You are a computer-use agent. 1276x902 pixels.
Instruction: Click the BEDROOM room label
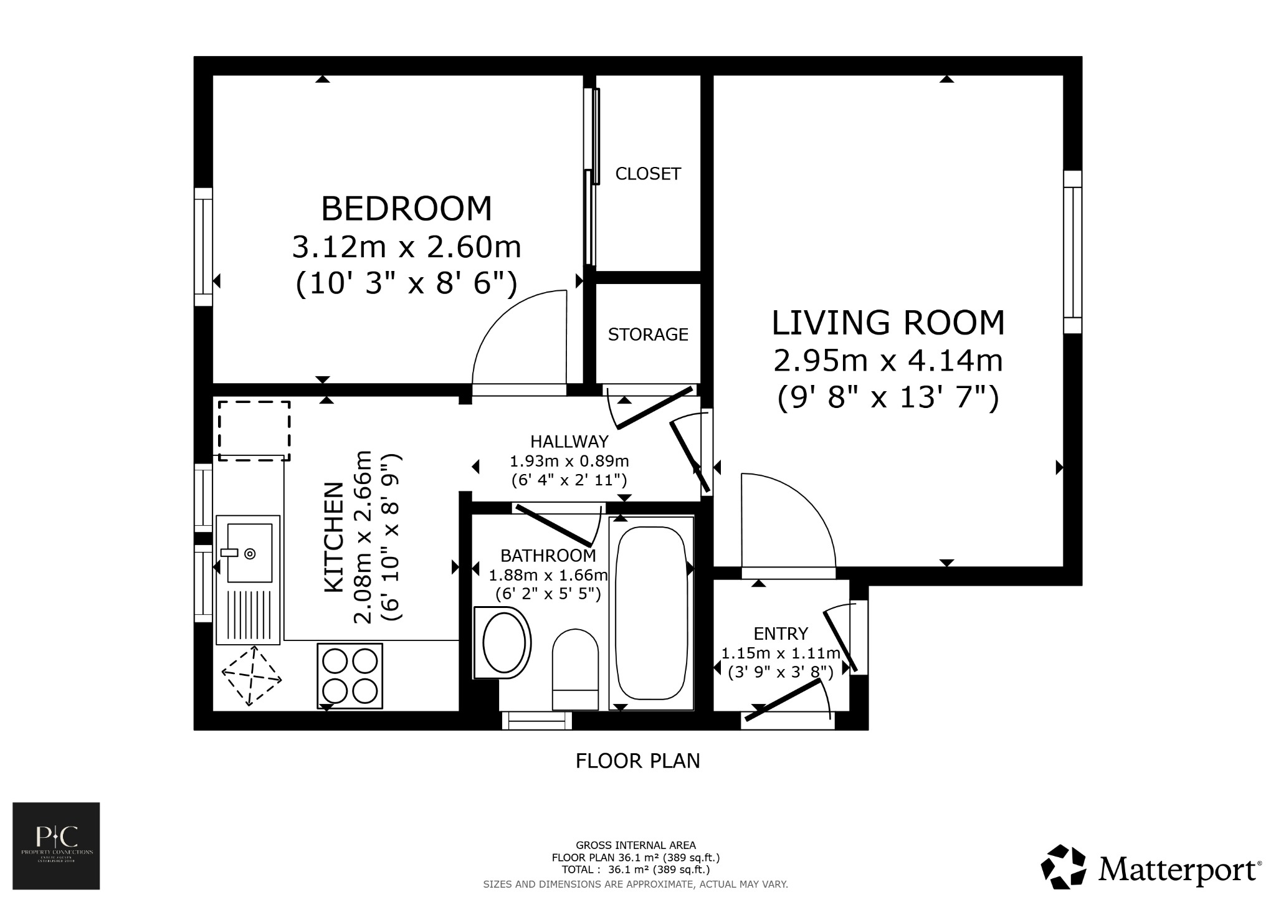pyautogui.click(x=406, y=209)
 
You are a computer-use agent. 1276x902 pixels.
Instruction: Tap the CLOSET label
pyautogui.click(x=648, y=174)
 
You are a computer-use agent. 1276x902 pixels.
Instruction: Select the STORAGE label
pyautogui.click(x=648, y=335)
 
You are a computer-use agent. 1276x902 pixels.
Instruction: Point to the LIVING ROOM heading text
pyautogui.click(x=888, y=323)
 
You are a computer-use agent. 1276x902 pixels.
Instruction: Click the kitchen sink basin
pyautogui.click(x=249, y=553)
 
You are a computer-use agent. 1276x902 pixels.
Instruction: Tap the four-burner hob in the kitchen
pyautogui.click(x=350, y=676)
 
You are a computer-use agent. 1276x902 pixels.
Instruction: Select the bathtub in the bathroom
pyautogui.click(x=651, y=613)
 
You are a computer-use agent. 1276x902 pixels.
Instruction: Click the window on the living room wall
pyautogui.click(x=1072, y=252)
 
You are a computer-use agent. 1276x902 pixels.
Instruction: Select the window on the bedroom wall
pyautogui.click(x=204, y=246)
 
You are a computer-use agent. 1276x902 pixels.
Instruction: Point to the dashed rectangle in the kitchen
pyautogui.click(x=254, y=430)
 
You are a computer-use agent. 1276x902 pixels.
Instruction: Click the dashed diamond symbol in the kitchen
pyautogui.click(x=252, y=676)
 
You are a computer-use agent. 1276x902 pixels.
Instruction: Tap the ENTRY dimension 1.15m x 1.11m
pyautogui.click(x=781, y=653)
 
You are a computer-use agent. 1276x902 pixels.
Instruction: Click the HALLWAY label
pyautogui.click(x=569, y=442)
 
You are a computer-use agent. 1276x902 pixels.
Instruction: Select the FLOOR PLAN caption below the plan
pyautogui.click(x=637, y=761)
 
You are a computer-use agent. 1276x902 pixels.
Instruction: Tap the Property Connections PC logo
pyautogui.click(x=57, y=845)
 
